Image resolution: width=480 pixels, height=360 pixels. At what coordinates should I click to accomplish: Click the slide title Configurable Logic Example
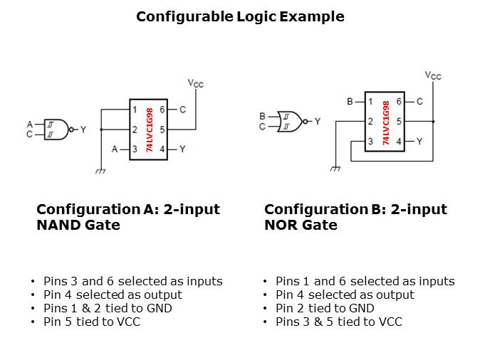coord(240,16)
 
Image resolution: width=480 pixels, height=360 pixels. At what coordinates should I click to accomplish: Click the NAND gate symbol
coord(57,129)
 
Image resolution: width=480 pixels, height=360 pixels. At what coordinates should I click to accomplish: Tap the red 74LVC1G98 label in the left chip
coord(149,129)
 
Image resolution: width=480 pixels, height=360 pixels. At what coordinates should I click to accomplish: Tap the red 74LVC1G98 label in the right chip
coord(385,122)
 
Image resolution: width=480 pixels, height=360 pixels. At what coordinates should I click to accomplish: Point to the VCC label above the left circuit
coord(195,84)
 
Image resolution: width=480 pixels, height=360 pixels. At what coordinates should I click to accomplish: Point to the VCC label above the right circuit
coord(432,75)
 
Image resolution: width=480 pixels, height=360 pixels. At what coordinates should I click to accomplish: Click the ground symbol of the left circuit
coord(100,170)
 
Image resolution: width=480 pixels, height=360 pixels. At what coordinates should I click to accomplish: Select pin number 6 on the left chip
coord(162,110)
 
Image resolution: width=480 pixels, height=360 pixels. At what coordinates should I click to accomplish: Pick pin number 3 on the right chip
coord(370,142)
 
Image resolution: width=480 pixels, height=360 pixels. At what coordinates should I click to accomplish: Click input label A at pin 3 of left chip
coord(115,149)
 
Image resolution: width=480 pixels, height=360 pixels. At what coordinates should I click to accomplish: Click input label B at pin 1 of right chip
coord(350,102)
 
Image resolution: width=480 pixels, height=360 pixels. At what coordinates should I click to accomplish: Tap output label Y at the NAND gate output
coord(83,129)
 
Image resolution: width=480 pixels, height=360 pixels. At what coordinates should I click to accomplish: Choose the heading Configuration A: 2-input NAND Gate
coord(128,217)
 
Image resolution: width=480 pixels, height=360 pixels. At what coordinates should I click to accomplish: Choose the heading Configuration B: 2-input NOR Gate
coord(355,217)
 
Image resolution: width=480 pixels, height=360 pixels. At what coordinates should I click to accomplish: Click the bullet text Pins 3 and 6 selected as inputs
coord(132,281)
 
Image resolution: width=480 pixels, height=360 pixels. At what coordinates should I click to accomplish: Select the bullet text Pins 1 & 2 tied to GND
coord(108,308)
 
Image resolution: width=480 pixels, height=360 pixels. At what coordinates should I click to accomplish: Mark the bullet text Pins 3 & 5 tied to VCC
coord(338,322)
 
